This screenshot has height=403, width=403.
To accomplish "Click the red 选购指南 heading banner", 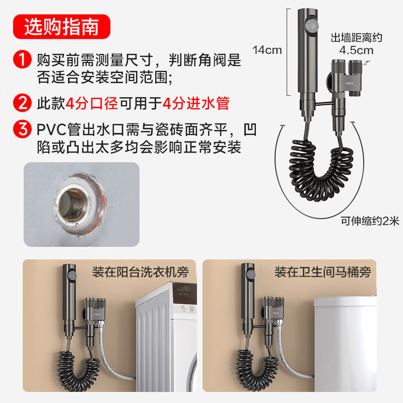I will click(x=61, y=26).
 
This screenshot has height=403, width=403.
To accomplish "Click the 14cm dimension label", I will click(x=267, y=50).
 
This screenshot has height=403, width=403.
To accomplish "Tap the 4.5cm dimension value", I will click(x=356, y=50).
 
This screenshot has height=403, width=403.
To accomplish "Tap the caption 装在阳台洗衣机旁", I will click(x=140, y=273).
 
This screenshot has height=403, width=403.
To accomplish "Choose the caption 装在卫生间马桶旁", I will click(x=322, y=273).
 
